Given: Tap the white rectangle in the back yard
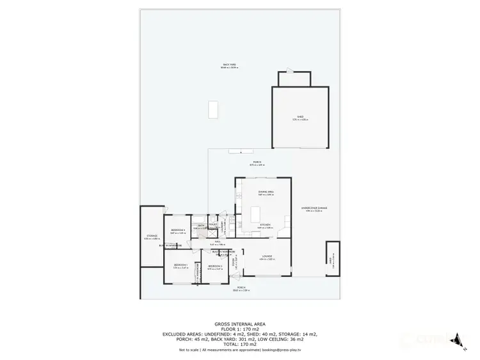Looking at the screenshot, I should coord(212,109).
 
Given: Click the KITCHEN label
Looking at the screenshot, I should coord(265,225).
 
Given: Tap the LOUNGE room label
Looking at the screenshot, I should coord(266,258).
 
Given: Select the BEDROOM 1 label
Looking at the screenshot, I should coord(180,266).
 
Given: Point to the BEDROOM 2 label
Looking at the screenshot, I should coord(215,267).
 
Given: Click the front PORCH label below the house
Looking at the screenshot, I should coord(241,288).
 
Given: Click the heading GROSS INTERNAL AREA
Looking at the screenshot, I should coord(239,324).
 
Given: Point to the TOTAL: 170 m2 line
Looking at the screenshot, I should coord(239,343).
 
